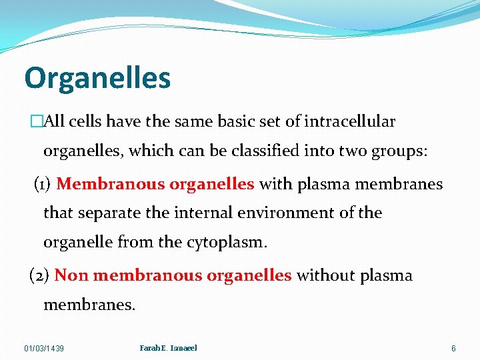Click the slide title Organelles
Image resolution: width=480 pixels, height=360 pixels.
pos(97,79)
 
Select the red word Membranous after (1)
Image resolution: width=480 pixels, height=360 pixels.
pos(109,184)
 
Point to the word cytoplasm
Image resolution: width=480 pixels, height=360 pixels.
pos(229,243)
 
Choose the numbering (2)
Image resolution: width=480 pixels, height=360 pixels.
pos(40,275)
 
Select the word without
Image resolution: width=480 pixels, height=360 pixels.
pos(330,275)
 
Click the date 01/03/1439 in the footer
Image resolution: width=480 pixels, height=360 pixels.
pos(44,349)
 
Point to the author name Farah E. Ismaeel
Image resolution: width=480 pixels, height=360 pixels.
pos(168,348)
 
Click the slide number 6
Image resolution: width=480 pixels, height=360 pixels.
pos(453,349)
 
